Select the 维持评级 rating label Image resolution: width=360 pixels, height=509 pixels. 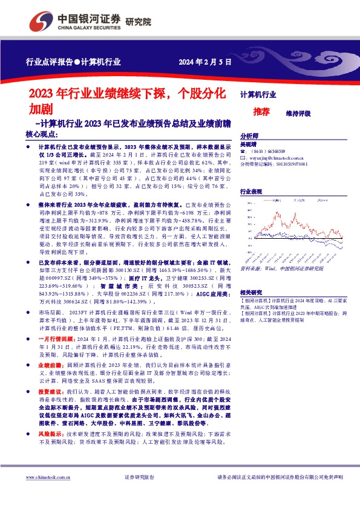coord(298,113)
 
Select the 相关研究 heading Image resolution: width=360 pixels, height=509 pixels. coord(251,291)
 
